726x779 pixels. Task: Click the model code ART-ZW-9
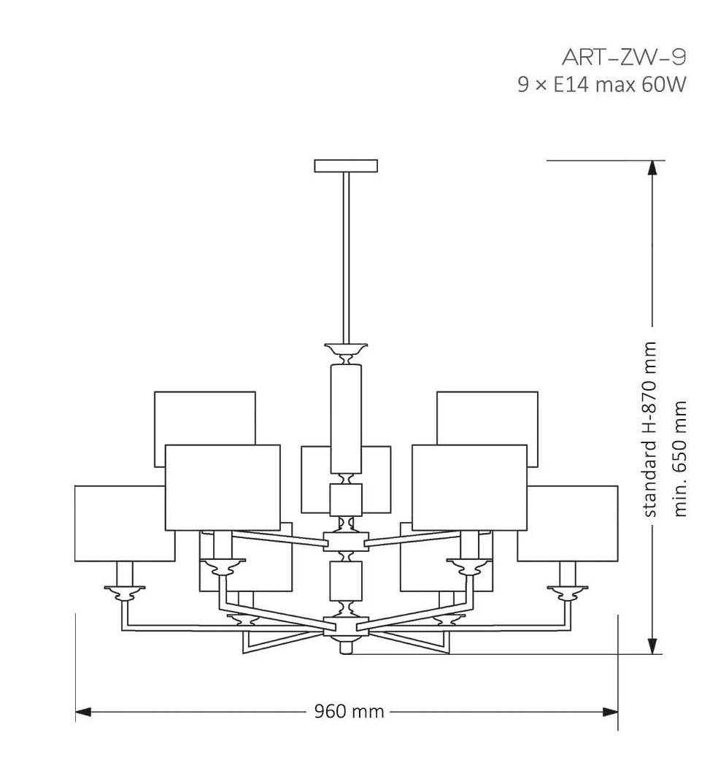click(x=623, y=56)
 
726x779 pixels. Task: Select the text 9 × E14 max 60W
click(x=602, y=85)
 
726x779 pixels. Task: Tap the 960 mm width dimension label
click(x=348, y=711)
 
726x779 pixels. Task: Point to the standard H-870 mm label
click(x=651, y=430)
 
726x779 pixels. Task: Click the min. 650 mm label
click(x=681, y=458)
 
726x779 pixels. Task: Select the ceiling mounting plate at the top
click(x=346, y=166)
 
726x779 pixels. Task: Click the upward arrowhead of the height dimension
click(x=653, y=169)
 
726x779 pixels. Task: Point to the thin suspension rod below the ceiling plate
click(x=346, y=256)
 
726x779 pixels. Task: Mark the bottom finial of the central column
click(x=346, y=647)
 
